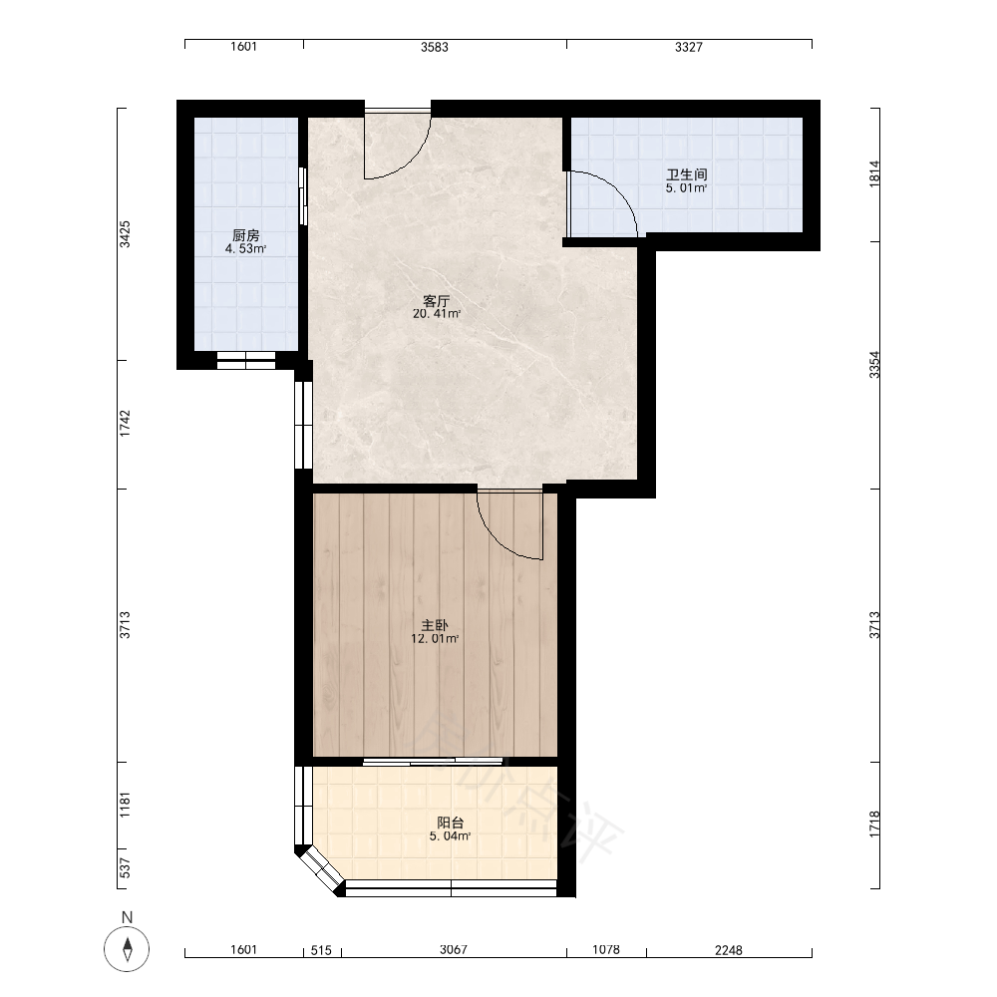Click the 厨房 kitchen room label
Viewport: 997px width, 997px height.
[245, 235]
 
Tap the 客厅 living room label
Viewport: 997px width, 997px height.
[437, 301]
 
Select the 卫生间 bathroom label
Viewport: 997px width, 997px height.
[687, 174]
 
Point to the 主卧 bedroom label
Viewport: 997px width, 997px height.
[435, 626]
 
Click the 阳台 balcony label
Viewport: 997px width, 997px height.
[451, 823]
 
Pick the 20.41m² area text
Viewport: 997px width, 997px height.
[437, 313]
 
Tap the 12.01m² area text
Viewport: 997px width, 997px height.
[435, 638]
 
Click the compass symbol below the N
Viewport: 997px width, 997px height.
[128, 949]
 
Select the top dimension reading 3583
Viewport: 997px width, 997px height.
[435, 47]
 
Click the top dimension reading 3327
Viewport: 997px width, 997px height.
[689, 47]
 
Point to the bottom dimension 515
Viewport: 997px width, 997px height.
[321, 950]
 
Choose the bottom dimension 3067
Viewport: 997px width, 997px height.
[454, 950]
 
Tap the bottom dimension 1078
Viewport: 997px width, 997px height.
[606, 950]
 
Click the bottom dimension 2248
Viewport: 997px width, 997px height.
[728, 950]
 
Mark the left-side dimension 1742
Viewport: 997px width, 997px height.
[126, 424]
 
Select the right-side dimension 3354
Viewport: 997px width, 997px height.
[875, 365]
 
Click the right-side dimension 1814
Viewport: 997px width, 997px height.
[875, 173]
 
